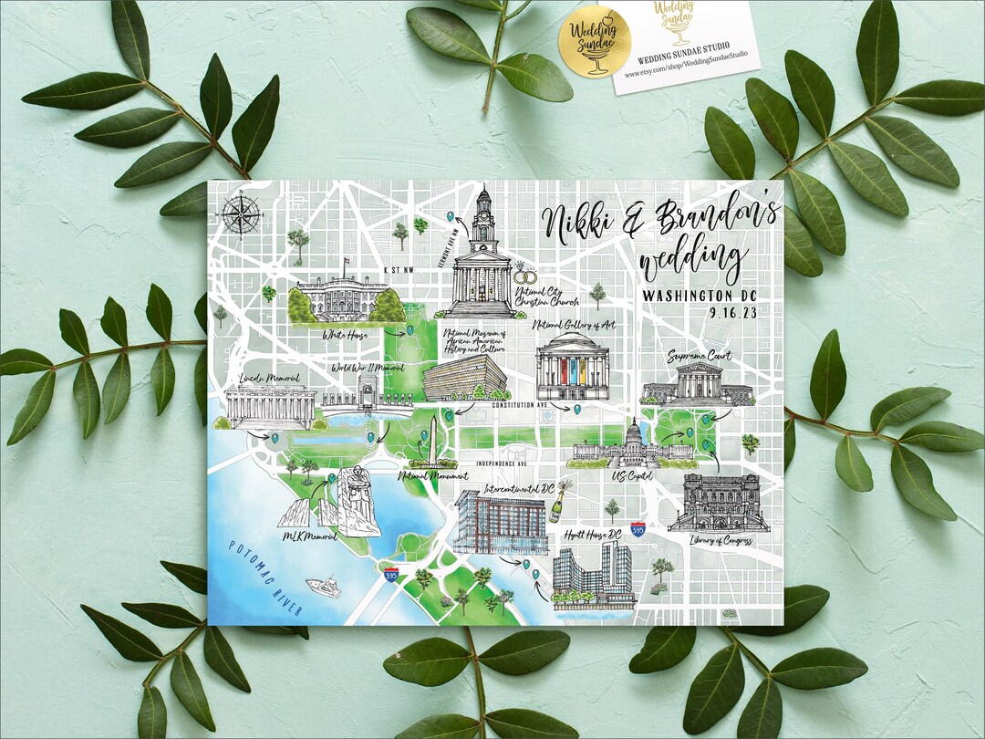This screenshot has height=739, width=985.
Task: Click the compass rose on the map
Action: click(x=241, y=216)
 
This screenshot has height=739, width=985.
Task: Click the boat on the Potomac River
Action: click(x=324, y=585)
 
